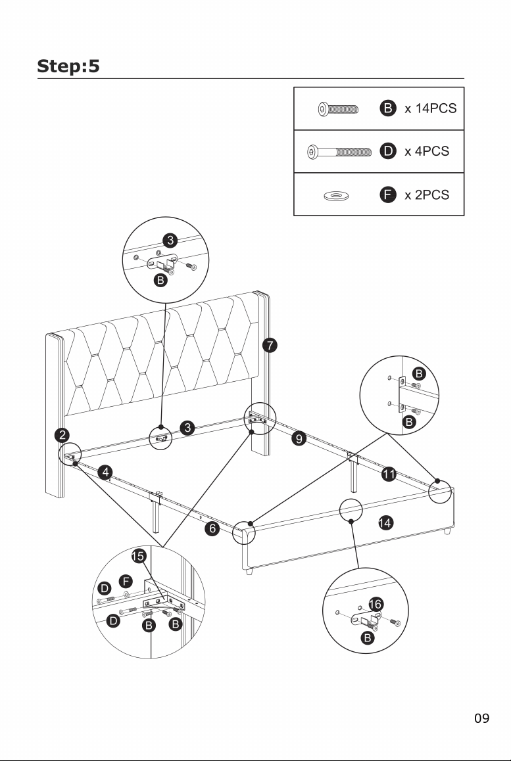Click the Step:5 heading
pos(68,66)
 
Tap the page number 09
pos(482,718)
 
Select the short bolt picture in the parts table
pos(338,108)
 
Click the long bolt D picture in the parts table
pos(339,152)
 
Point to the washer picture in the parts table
pos(336,196)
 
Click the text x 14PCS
pos(430,108)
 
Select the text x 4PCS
pos(427,151)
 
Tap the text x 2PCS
pos(427,195)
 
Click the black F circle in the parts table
pos(387,195)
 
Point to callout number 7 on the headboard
pos(270,346)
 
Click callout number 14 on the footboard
pos(385,522)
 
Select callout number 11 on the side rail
pos(389,474)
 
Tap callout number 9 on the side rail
pos(299,439)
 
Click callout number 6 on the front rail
pos(212,528)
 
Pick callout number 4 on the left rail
pos(105,473)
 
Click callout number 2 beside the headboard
pos(62,435)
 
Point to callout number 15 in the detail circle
pos(138,556)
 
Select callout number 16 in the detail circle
pos(376,604)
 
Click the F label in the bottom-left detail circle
pos(126,581)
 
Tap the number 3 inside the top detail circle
pos(170,241)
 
